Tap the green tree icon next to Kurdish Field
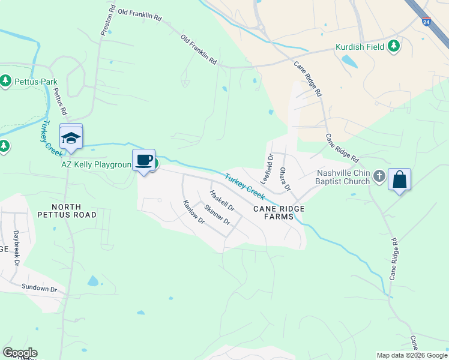(x=394, y=46)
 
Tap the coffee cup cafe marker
(x=143, y=161)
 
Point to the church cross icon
(x=379, y=176)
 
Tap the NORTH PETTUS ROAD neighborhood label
(x=66, y=209)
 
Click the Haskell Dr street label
(x=221, y=201)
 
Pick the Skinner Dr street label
(x=217, y=215)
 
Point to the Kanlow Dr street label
(x=194, y=212)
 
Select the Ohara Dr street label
(x=285, y=178)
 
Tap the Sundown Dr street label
(x=39, y=289)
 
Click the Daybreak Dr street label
(x=16, y=248)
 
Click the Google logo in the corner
(x=20, y=353)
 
